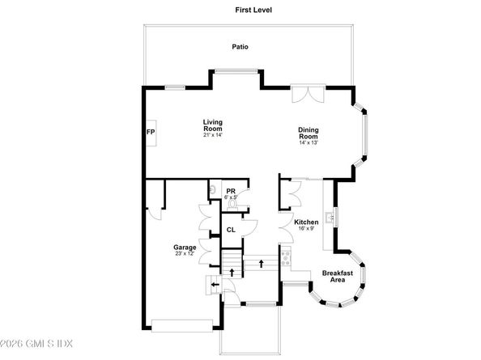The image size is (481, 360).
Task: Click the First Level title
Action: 253,10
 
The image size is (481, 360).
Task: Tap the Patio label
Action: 240,47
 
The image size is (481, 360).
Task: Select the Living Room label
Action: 213,125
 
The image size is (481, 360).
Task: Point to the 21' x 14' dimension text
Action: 213,135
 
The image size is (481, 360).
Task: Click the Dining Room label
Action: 309,133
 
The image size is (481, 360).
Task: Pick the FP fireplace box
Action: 151,133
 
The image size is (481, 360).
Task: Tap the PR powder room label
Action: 231,192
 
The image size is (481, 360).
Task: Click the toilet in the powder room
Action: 232,205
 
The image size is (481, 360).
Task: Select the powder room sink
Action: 212,190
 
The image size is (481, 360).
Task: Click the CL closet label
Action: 231,230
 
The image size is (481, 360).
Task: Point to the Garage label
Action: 185,248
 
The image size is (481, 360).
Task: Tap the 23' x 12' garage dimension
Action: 185,253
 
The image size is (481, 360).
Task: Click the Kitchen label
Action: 306,222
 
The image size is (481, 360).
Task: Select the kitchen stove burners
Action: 286,258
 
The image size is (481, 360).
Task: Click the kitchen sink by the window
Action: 330,218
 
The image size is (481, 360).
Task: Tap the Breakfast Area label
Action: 338,277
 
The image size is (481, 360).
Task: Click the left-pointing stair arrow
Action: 215,285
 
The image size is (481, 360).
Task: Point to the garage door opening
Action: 182,326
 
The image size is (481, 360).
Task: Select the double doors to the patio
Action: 308,94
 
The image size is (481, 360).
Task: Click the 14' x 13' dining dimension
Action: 309,142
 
